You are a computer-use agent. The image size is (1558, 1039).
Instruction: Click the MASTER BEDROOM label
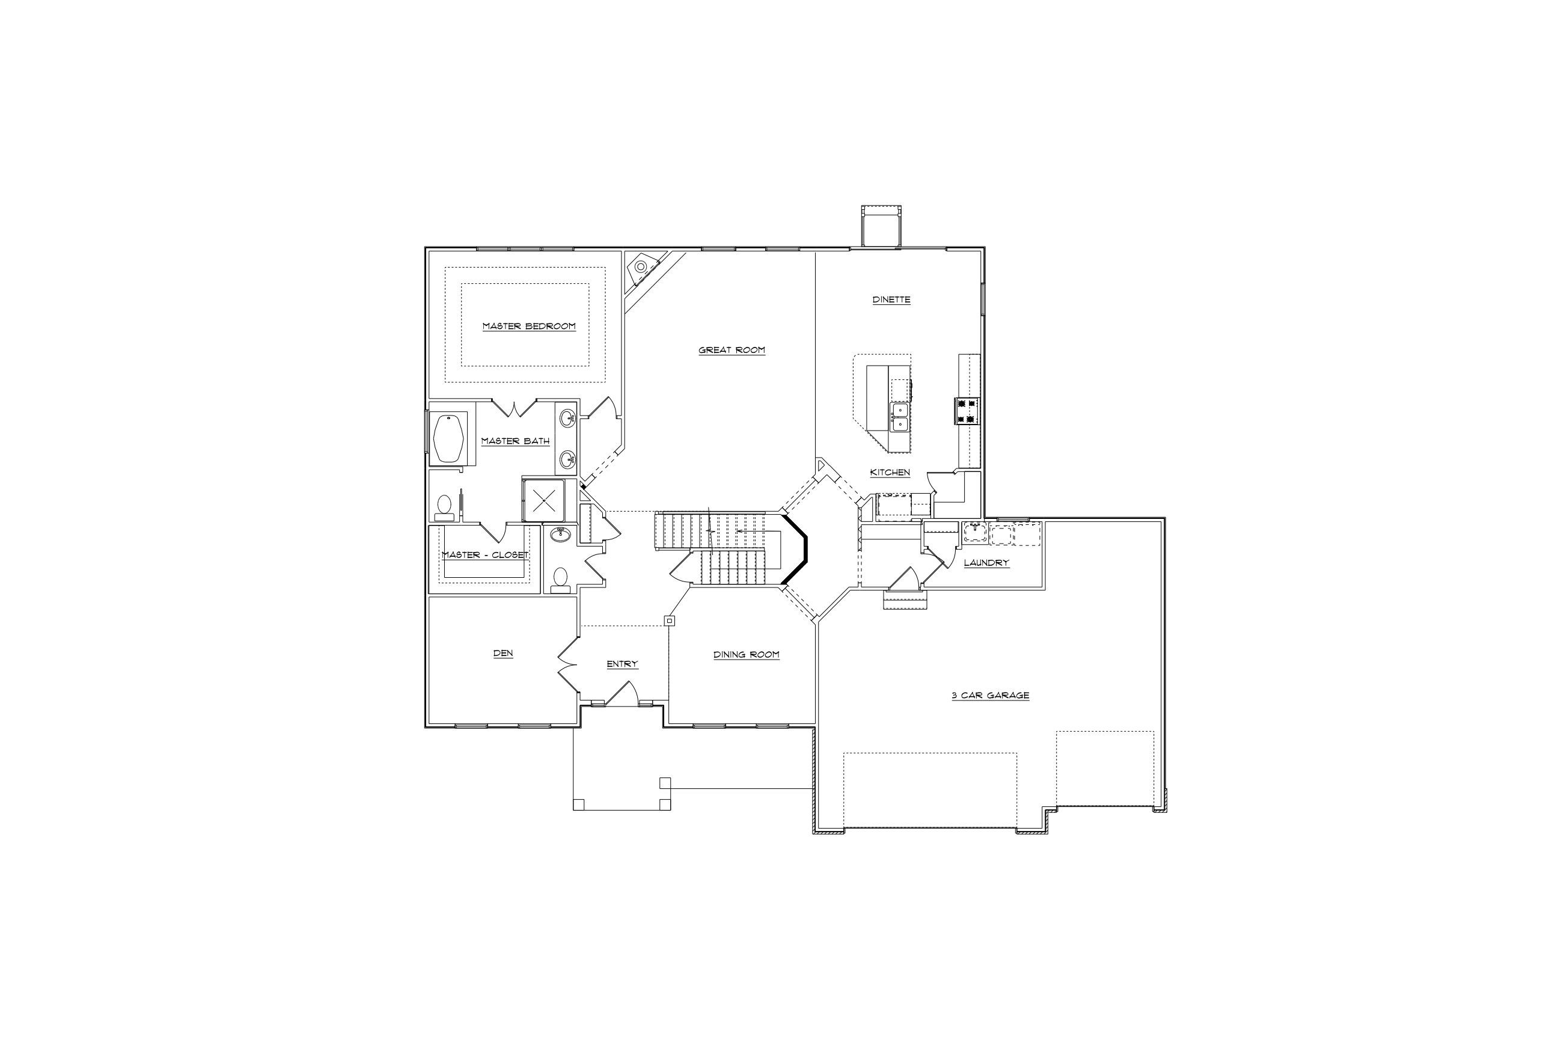click(x=528, y=326)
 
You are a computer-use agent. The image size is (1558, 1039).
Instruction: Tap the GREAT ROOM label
click(x=732, y=350)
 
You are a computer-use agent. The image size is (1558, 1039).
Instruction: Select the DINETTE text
click(x=891, y=299)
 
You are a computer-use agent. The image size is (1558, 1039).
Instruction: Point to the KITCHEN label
click(x=890, y=473)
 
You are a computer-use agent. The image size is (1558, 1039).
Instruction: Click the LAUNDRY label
click(x=986, y=563)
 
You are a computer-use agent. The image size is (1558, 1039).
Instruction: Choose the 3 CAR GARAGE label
click(x=991, y=695)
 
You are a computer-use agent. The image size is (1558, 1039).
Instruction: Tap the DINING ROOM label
click(x=746, y=654)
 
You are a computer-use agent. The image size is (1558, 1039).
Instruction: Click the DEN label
click(x=503, y=653)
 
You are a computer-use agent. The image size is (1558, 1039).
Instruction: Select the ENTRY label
click(x=622, y=663)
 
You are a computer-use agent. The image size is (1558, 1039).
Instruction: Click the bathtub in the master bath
click(x=449, y=438)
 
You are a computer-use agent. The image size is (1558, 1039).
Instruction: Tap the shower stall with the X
click(x=543, y=500)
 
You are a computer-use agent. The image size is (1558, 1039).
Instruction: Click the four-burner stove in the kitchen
click(x=966, y=410)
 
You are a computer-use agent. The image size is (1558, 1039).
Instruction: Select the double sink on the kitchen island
click(x=899, y=417)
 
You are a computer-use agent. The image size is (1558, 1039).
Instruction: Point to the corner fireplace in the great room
click(x=641, y=266)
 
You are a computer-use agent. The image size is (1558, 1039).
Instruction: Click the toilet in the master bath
click(x=444, y=507)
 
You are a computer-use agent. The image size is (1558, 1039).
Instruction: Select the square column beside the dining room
click(x=669, y=621)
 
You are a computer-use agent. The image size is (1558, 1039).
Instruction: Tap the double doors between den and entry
click(x=567, y=665)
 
